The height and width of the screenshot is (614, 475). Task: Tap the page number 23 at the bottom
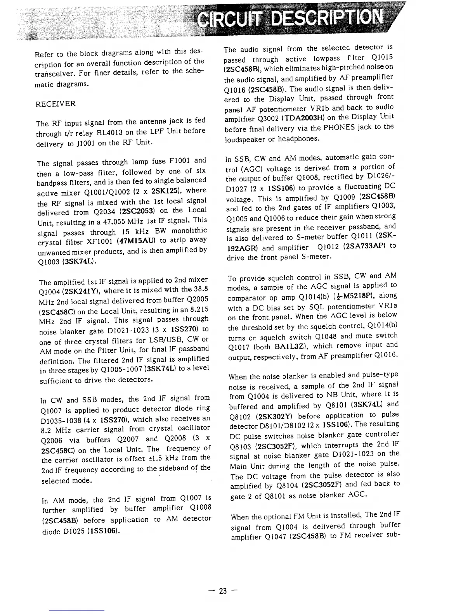click(x=223, y=591)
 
